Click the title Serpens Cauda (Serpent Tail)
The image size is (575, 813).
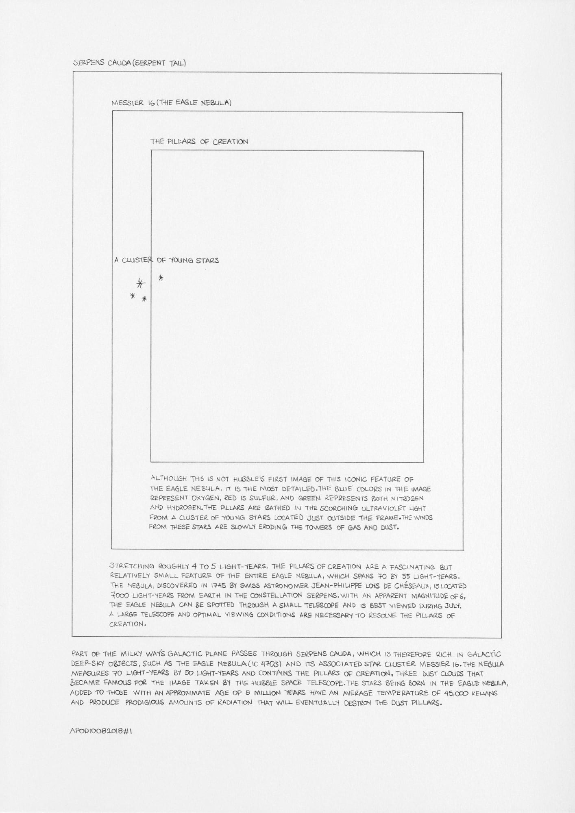point(129,63)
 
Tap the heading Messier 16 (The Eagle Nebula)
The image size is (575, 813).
point(171,103)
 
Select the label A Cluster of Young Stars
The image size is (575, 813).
point(166,260)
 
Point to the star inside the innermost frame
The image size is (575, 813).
point(161,278)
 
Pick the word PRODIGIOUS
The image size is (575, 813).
point(142,703)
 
